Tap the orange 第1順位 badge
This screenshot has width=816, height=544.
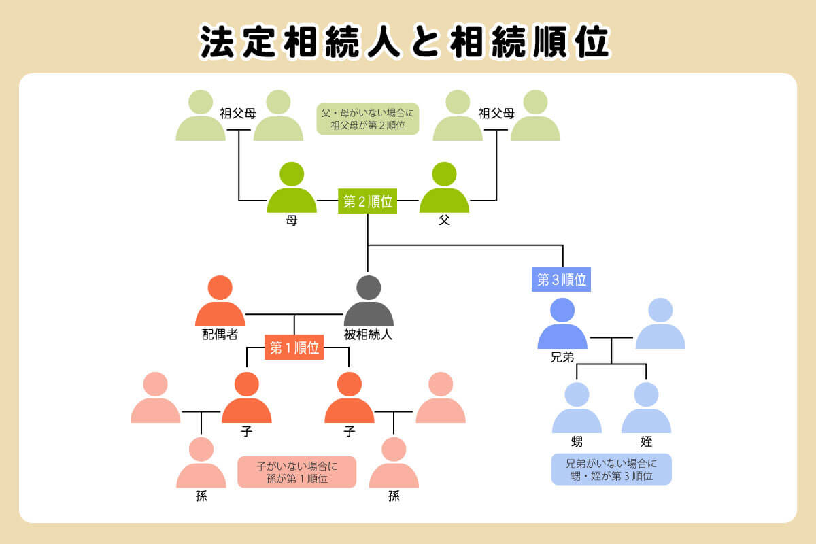[294, 347]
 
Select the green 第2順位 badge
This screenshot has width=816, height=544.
[367, 201]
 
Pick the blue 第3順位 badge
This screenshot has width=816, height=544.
[561, 279]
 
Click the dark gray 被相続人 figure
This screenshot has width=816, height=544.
[369, 303]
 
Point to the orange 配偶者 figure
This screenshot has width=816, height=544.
[220, 303]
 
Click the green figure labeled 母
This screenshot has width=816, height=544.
[292, 189]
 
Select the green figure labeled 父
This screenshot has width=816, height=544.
[444, 189]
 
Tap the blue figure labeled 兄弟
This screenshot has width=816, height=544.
[562, 325]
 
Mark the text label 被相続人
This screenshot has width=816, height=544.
[369, 335]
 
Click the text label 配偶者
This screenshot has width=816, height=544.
[220, 335]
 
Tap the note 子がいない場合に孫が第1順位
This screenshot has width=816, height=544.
[296, 472]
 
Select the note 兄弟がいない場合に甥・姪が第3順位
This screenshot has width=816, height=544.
[611, 469]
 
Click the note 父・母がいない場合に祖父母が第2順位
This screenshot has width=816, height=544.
[367, 118]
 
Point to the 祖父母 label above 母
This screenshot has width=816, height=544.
[238, 114]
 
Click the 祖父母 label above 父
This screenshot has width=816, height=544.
[496, 114]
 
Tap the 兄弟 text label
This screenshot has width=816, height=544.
[562, 357]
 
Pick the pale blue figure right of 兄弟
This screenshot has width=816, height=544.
[660, 325]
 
